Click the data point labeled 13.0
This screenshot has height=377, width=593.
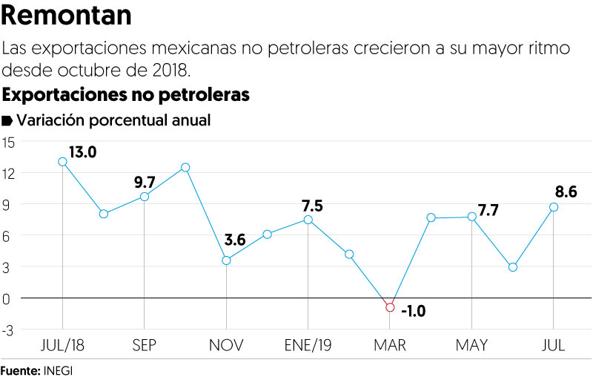[x=62, y=161]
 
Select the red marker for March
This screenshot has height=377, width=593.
[x=390, y=307]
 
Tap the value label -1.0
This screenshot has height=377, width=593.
[x=414, y=311]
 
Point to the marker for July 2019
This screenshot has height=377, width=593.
[x=554, y=207]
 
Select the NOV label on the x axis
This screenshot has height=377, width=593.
[x=226, y=346]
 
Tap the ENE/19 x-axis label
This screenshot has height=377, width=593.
[x=308, y=346]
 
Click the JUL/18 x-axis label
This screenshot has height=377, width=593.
[x=62, y=346]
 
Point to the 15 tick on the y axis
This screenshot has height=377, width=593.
[x=8, y=142]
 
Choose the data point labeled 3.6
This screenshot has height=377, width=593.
[x=226, y=260]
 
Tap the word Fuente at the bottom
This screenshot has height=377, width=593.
[x=19, y=369]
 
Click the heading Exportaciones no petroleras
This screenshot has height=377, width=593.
[x=126, y=95]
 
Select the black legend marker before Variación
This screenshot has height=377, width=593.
[x=8, y=120]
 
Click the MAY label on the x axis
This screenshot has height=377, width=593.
[x=471, y=346]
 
